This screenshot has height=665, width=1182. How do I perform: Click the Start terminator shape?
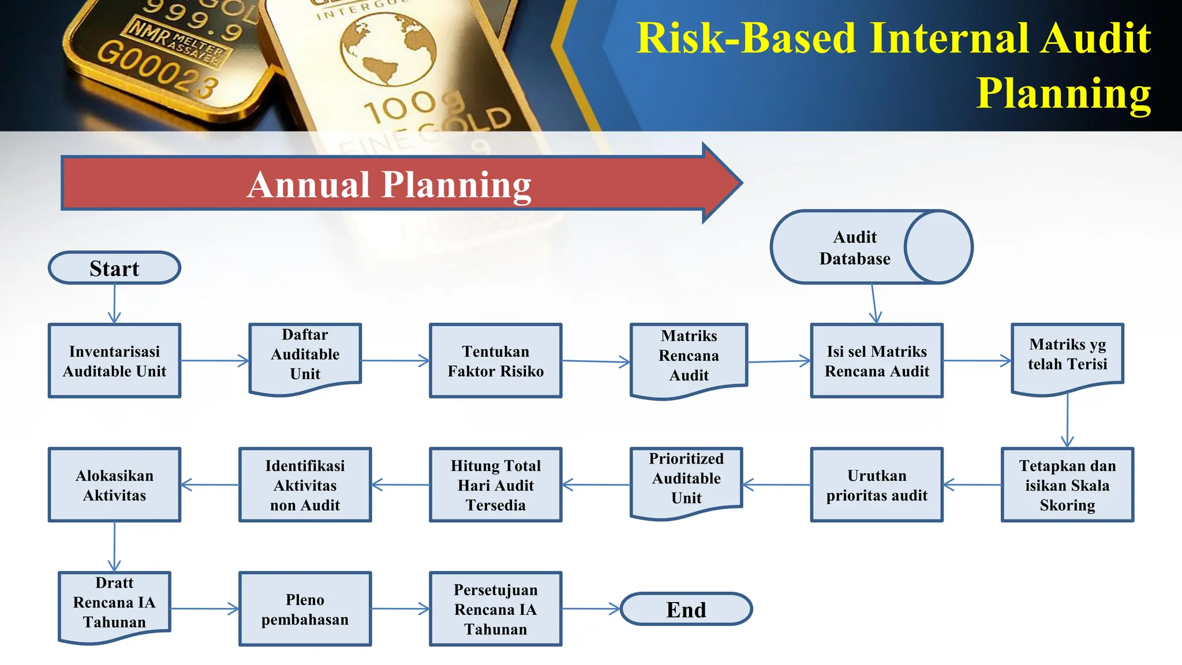point(114,268)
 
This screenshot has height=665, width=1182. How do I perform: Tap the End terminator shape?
point(686,609)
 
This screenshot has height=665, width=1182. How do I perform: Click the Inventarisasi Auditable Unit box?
point(114,361)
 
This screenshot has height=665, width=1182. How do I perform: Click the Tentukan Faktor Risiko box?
point(495,361)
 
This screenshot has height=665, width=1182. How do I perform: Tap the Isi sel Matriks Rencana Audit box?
point(876,361)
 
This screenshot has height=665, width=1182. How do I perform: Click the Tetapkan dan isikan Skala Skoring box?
point(1067,485)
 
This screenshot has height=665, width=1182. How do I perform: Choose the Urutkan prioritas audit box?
point(876,485)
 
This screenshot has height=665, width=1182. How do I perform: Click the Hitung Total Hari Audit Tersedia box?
point(495,485)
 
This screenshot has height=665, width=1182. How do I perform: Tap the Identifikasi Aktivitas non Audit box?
point(305,485)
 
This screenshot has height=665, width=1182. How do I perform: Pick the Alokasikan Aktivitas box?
point(114,485)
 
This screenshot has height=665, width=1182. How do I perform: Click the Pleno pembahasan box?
point(305,609)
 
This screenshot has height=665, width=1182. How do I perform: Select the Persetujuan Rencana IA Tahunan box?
point(495,609)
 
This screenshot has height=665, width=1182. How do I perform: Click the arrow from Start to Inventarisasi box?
point(114,304)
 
